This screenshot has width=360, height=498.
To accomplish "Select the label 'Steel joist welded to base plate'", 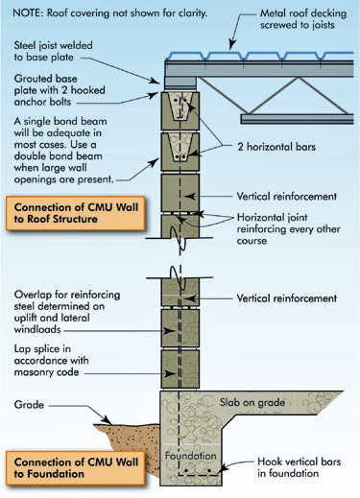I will (62, 53).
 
